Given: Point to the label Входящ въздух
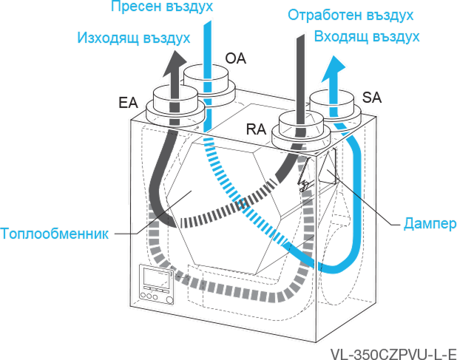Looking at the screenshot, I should point(368,35).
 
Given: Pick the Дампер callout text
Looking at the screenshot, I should point(427,223).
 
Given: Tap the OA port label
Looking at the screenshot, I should point(234,57).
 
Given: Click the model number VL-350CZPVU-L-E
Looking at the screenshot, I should point(393,353).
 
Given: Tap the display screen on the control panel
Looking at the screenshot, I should point(156,280).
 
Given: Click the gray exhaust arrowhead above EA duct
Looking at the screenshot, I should point(170,68).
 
